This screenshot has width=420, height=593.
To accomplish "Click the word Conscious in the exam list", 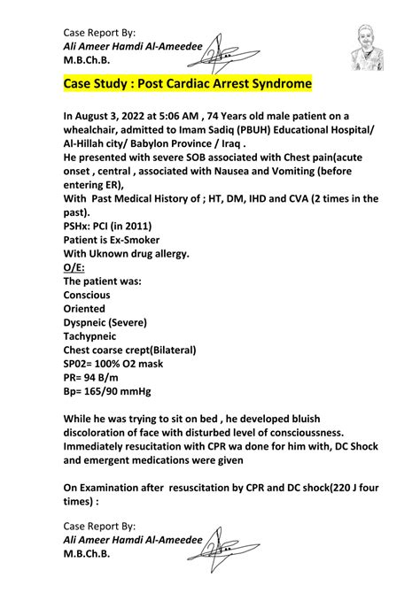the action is coord(89,295).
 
